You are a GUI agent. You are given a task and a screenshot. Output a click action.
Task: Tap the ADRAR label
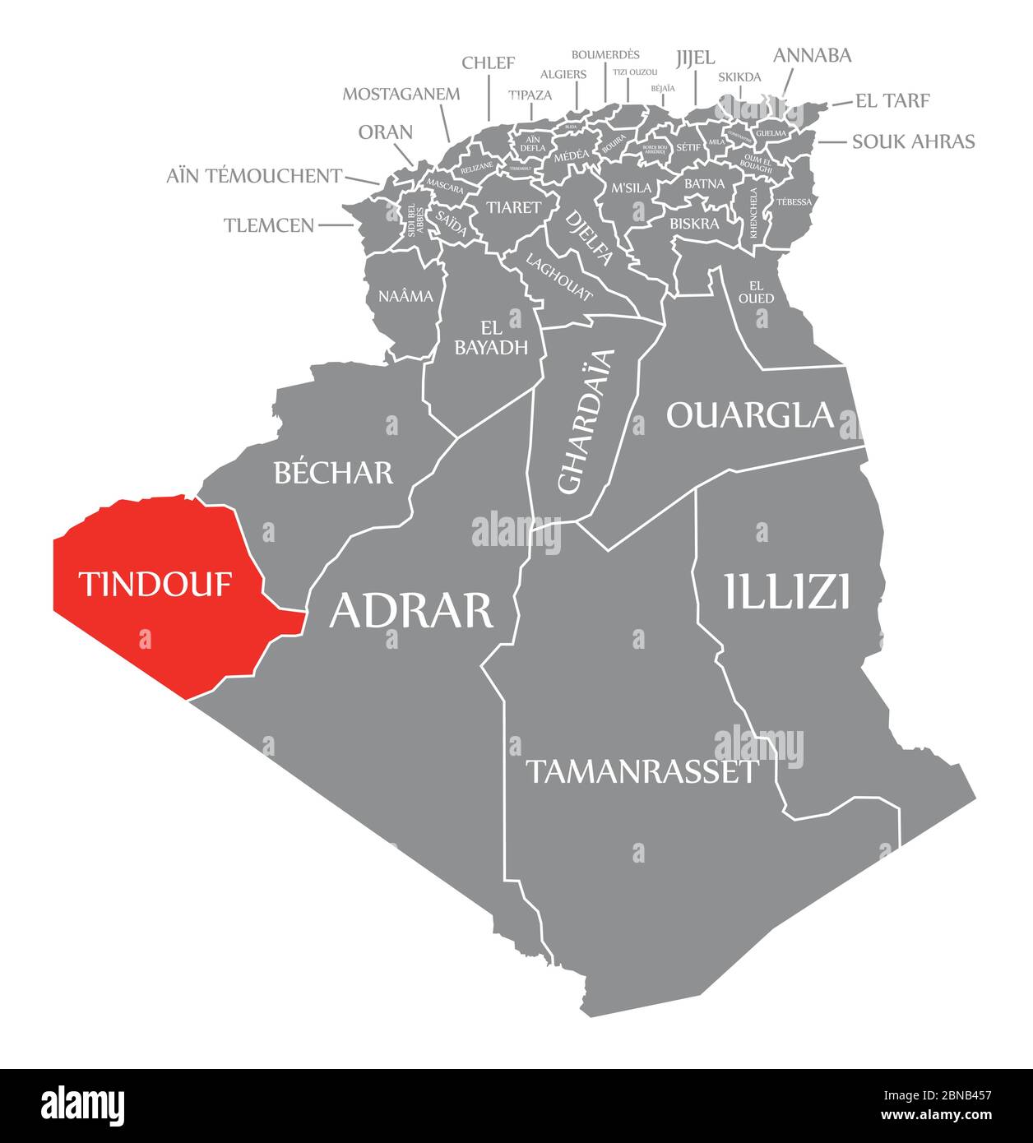(x=410, y=610)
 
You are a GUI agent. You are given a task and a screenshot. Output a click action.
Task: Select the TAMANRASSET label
(x=641, y=771)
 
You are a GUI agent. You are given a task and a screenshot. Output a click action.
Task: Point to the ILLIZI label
(x=786, y=591)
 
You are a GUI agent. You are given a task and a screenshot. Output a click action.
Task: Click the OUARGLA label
(x=749, y=414)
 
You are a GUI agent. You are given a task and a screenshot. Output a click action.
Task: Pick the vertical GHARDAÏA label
(x=586, y=421)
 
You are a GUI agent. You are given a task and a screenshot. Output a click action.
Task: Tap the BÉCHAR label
(x=333, y=472)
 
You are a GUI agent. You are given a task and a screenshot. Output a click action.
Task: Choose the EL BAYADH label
(x=491, y=338)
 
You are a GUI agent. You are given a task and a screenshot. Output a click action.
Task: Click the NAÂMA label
(x=405, y=296)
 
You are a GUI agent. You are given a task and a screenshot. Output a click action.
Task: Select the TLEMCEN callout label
(x=269, y=224)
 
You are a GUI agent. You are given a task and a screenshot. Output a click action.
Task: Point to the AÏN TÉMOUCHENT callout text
(x=254, y=175)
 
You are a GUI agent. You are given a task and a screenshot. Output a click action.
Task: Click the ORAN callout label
(x=386, y=132)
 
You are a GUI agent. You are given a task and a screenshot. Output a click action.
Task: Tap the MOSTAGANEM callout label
(x=401, y=93)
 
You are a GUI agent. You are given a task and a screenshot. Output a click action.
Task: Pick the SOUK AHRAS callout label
(x=913, y=141)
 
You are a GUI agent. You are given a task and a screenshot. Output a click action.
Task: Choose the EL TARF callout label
(x=892, y=100)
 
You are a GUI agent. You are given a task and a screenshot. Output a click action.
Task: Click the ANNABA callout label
(x=812, y=55)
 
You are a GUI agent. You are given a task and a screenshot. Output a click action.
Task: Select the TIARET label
(x=513, y=207)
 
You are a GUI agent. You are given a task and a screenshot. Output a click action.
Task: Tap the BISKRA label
(x=694, y=223)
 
